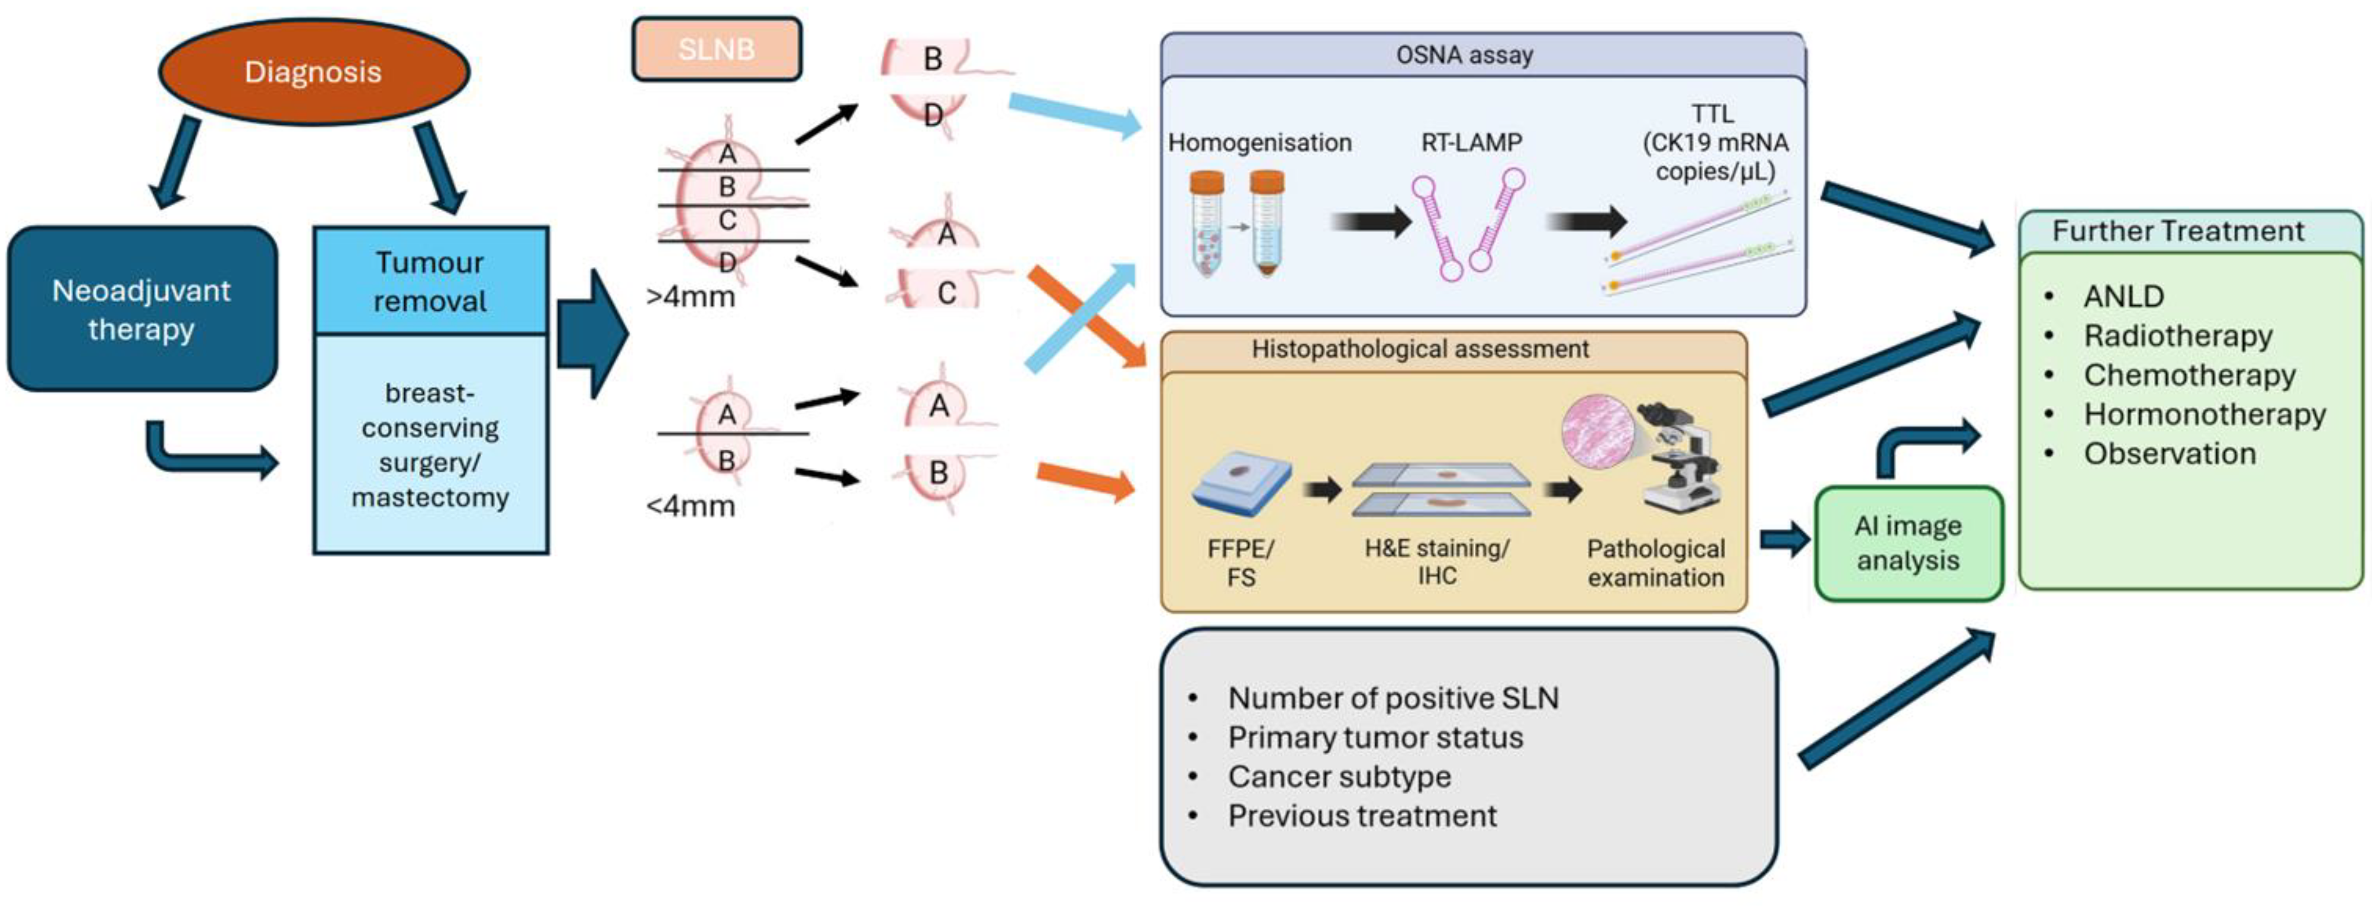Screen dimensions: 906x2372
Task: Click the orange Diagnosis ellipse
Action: click(313, 72)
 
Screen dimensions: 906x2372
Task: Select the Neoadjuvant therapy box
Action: click(142, 309)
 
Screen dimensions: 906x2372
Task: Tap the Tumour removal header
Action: click(430, 281)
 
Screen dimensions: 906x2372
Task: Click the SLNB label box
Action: click(716, 49)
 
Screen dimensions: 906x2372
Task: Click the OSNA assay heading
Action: click(1464, 55)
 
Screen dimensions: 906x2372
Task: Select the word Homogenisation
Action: click(1259, 143)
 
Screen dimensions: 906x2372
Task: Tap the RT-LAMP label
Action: click(1471, 143)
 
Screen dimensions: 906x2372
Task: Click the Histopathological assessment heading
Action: click(1420, 350)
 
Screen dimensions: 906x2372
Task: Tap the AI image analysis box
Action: click(1908, 543)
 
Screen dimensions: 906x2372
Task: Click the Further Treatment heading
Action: click(2178, 231)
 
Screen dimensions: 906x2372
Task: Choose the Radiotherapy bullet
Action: click(2178, 336)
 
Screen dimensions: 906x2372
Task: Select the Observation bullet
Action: click(2170, 454)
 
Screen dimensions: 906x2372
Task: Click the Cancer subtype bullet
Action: click(1339, 777)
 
